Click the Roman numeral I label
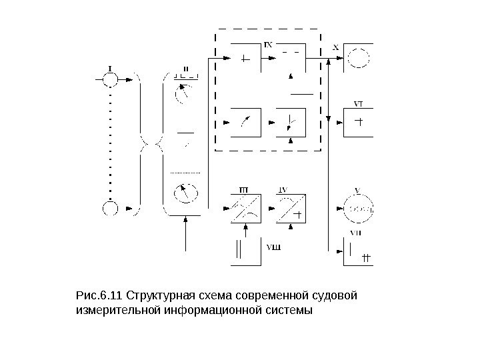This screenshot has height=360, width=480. (109, 67)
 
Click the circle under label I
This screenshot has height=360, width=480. (109, 79)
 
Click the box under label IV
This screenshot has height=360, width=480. (291, 208)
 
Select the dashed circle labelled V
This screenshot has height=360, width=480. (359, 208)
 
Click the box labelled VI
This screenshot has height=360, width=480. (358, 123)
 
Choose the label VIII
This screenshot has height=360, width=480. (273, 248)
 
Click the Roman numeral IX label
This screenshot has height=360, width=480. (267, 45)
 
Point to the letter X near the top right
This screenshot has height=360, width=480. (335, 47)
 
